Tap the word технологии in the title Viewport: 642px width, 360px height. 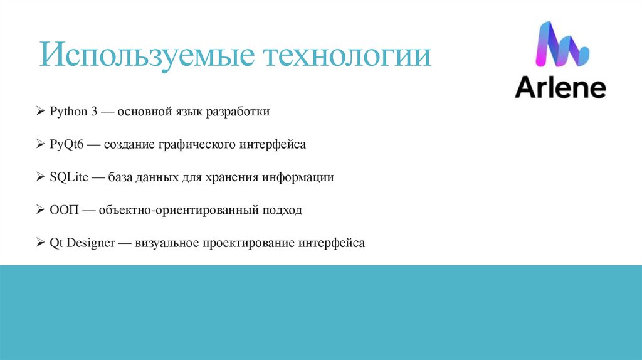click(350, 55)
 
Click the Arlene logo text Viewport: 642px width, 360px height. click(560, 88)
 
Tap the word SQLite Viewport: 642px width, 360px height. click(68, 177)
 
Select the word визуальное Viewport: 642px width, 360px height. click(167, 242)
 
